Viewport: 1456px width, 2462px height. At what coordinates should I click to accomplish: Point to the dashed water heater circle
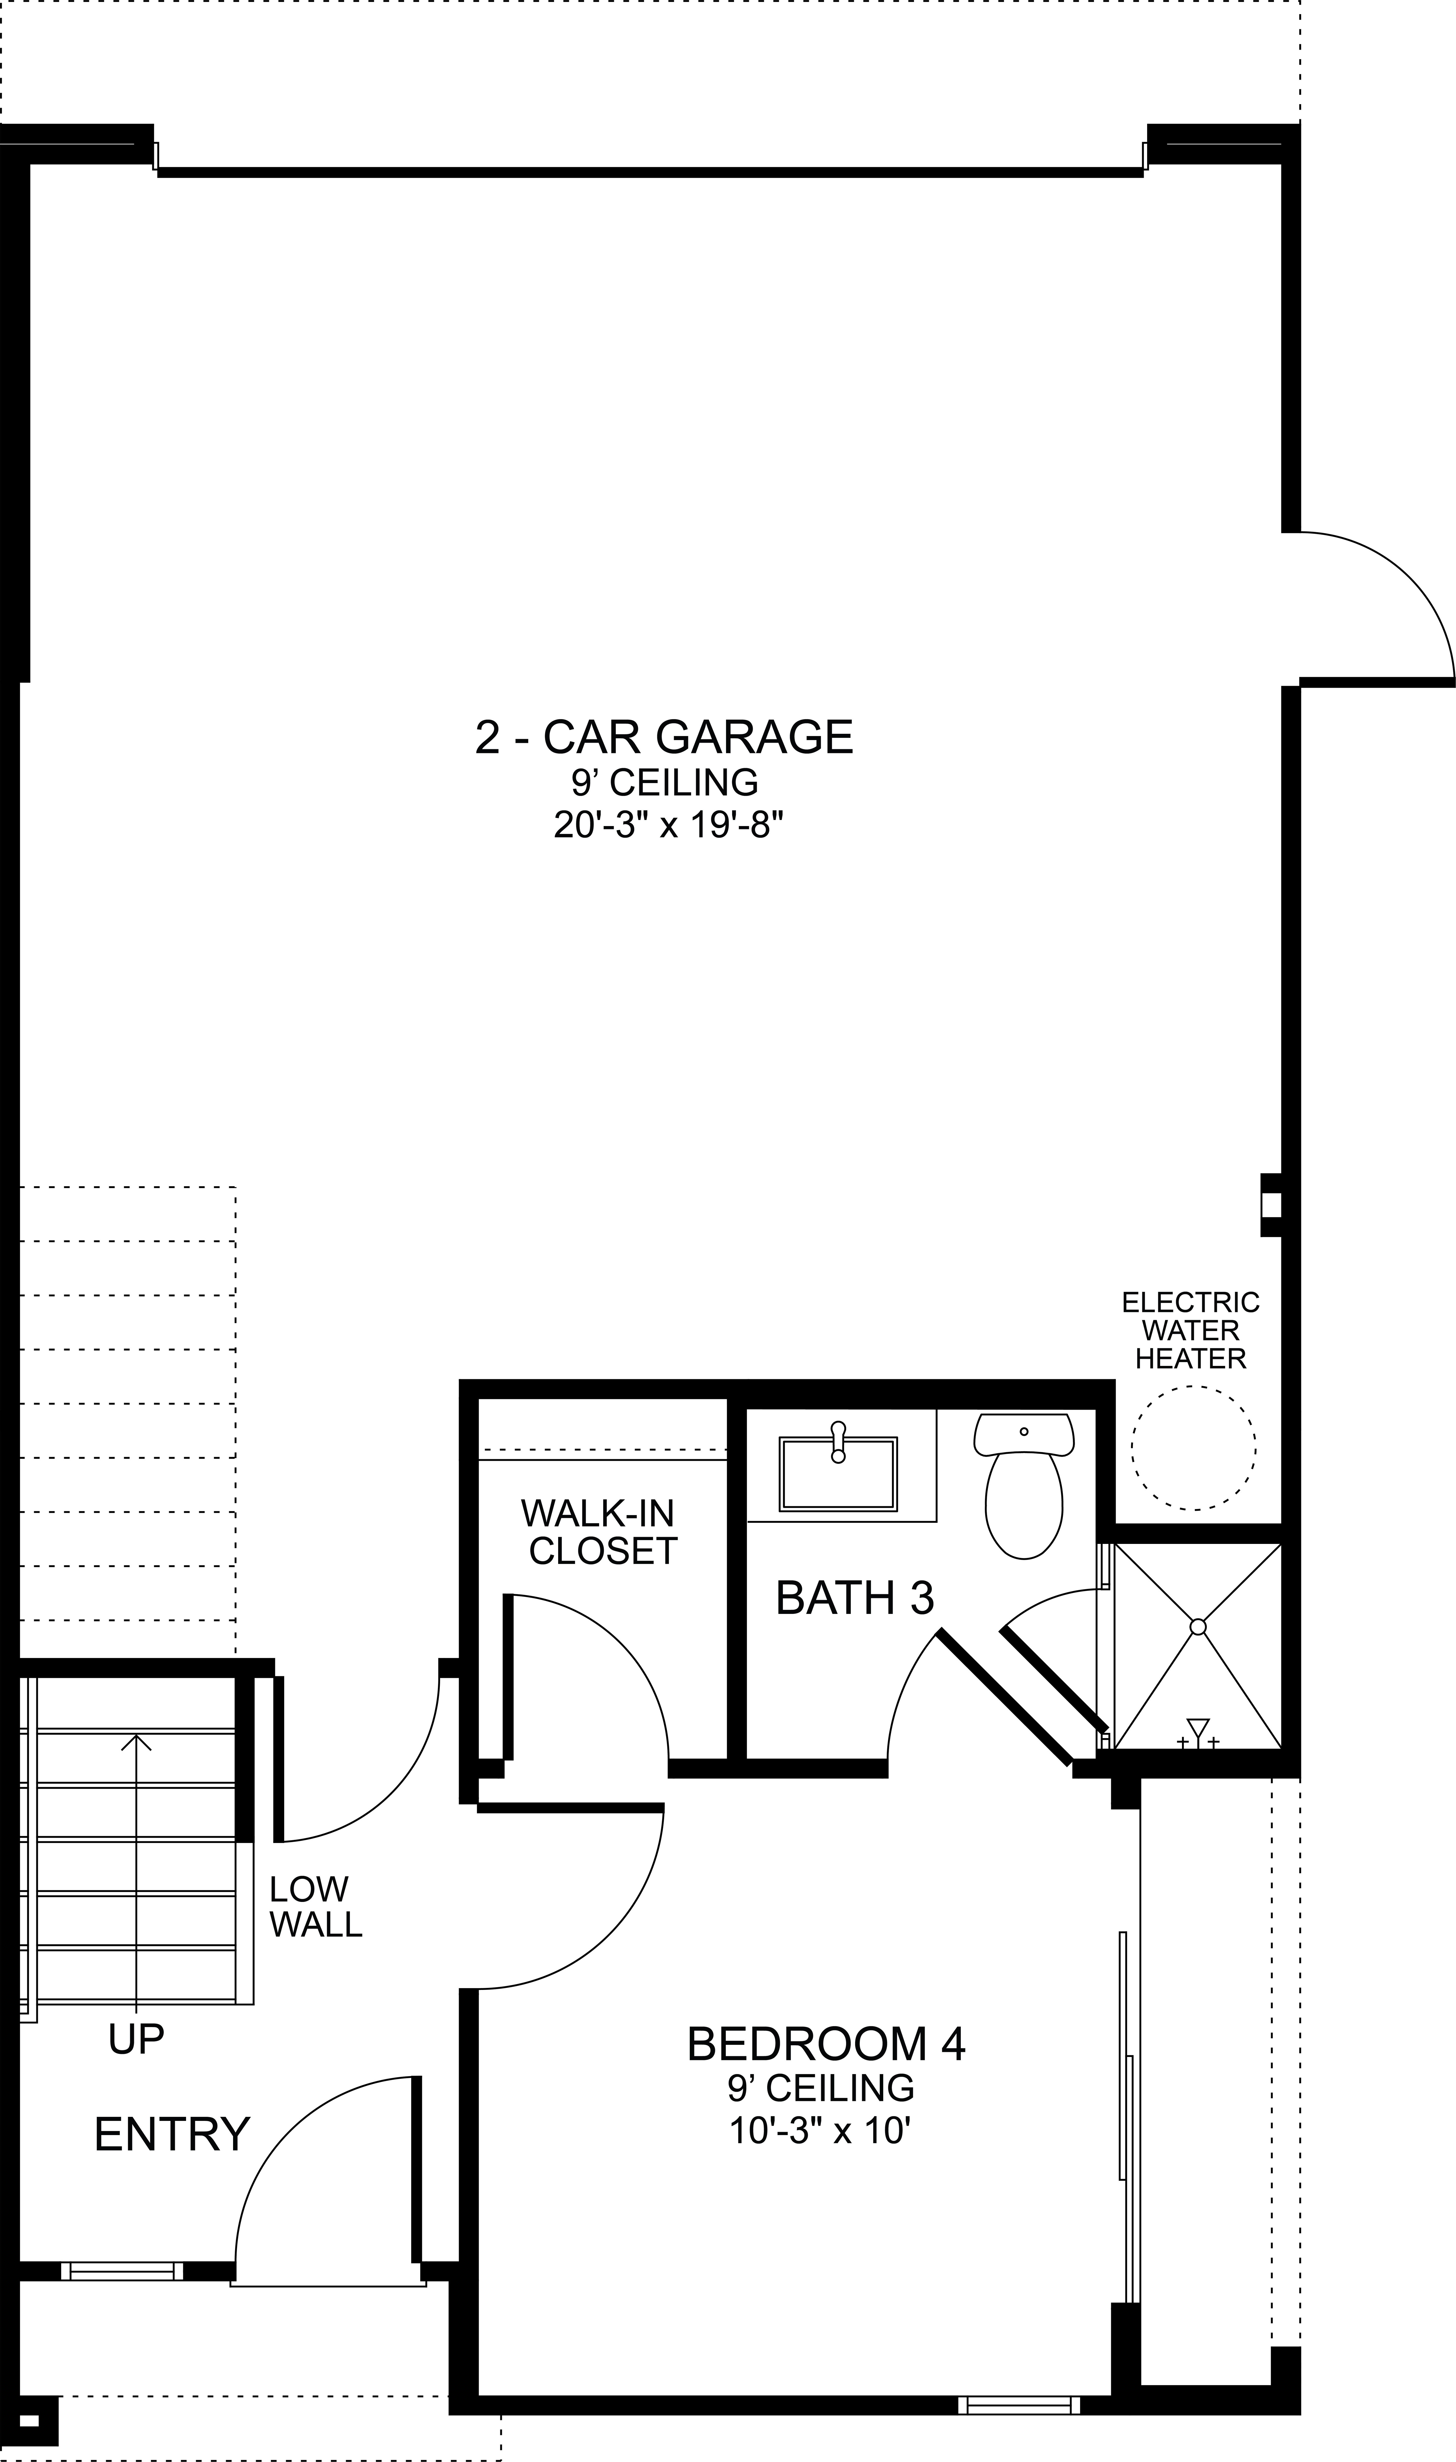tap(1193, 1447)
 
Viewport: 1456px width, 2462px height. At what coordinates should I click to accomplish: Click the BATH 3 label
tap(855, 1598)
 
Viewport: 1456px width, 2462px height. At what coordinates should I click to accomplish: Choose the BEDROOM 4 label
tap(826, 2044)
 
